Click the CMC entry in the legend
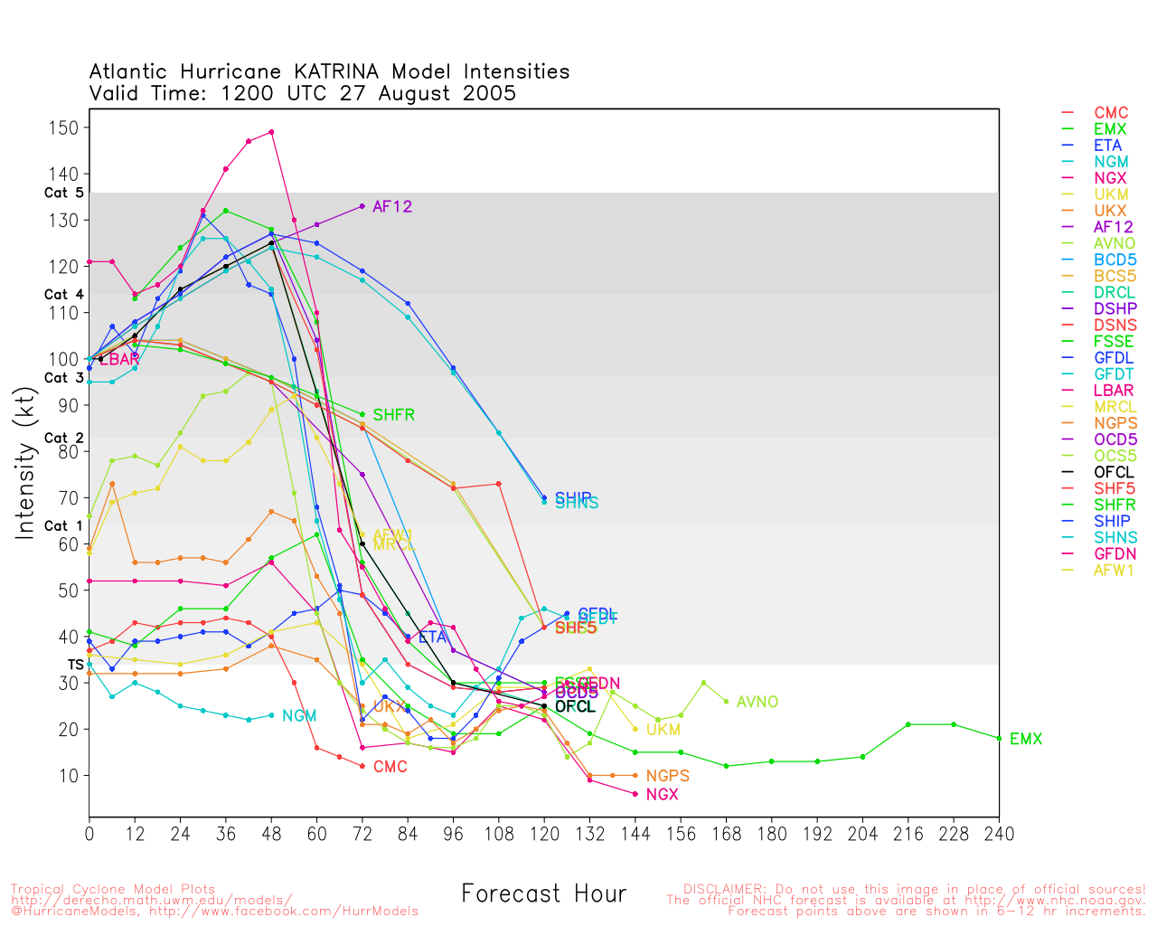[x=1111, y=113]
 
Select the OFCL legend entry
[x=1114, y=472]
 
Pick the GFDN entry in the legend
[x=1115, y=553]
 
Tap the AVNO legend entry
[x=1115, y=243]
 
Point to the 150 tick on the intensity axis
[x=62, y=128]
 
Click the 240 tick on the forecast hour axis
[x=999, y=833]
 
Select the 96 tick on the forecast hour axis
[x=453, y=833]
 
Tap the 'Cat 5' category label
[x=63, y=193]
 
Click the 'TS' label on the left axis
[x=75, y=665]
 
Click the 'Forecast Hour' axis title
[x=543, y=894]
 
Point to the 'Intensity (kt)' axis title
[x=25, y=462]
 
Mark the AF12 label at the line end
[x=392, y=207]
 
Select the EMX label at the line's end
[x=1025, y=740]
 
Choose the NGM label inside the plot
[x=299, y=716]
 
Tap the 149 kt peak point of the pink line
[x=271, y=132]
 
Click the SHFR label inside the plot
[x=393, y=415]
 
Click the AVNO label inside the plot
[x=757, y=703]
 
